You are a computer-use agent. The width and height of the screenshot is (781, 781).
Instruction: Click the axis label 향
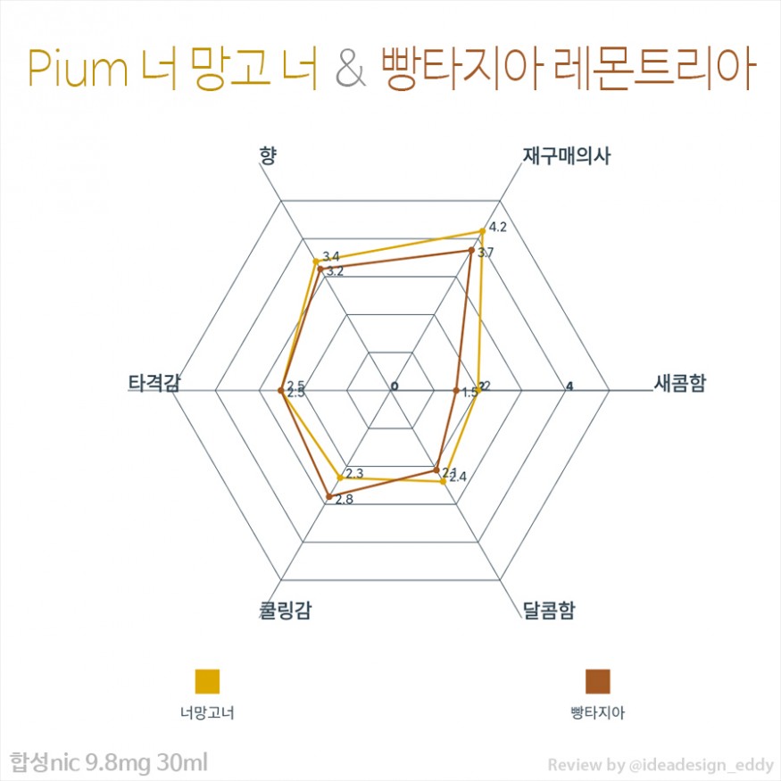(267, 156)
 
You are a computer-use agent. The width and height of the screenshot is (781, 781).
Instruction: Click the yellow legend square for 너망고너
(207, 680)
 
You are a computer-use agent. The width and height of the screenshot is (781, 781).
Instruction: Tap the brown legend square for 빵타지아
(597, 680)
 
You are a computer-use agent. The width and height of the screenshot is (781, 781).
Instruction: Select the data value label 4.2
(498, 227)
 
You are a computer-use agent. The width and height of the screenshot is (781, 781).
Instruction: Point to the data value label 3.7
(486, 253)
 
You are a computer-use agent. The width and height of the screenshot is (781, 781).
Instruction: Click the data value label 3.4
(330, 257)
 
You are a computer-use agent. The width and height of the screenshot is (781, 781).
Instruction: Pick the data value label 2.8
(344, 500)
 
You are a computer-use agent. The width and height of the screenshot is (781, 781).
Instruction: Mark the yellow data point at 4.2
(482, 232)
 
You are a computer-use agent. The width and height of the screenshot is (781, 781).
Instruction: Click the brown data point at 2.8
(329, 496)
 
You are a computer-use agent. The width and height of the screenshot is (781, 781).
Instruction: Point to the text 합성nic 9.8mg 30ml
(108, 763)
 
